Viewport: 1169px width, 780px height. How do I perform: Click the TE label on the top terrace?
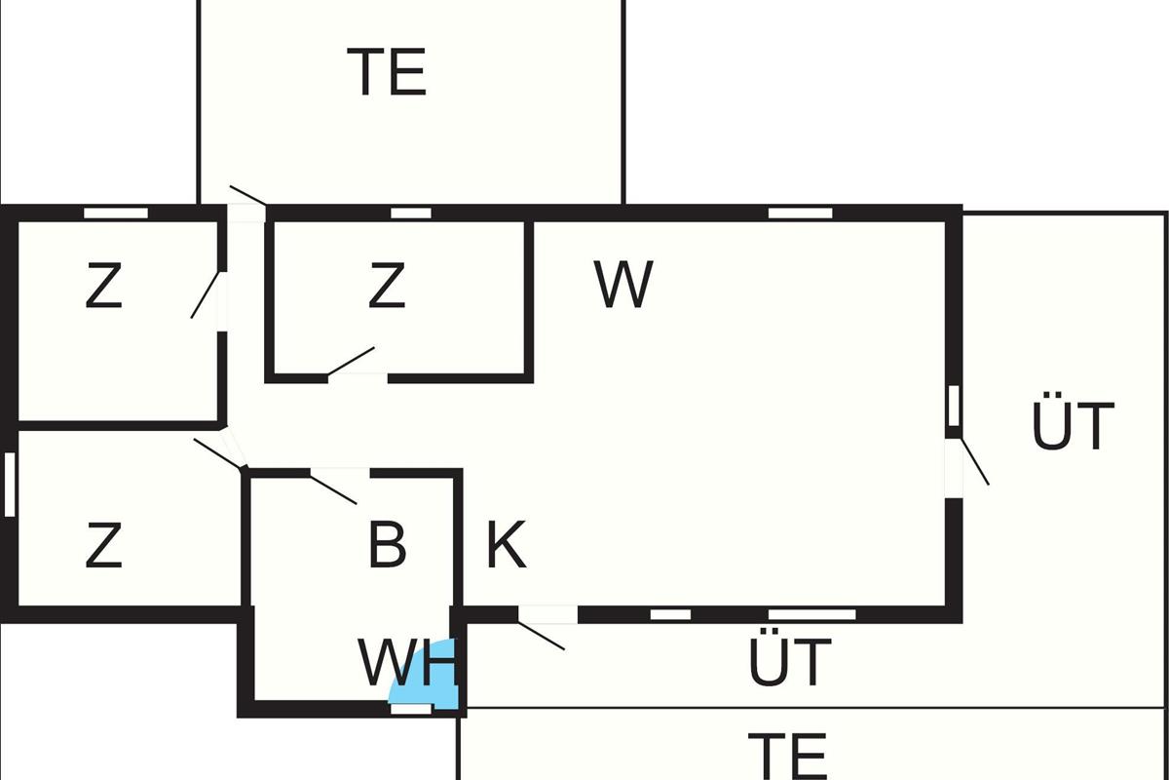click(387, 72)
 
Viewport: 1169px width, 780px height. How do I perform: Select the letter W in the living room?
click(623, 285)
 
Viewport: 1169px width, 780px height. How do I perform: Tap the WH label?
click(407, 663)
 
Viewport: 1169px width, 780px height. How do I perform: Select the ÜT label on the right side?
click(1073, 426)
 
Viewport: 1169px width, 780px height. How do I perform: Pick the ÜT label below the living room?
click(790, 662)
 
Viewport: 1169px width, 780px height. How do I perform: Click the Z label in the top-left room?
click(103, 287)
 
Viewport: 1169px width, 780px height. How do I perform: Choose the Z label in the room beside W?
click(387, 287)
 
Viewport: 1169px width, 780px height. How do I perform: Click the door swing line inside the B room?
click(334, 488)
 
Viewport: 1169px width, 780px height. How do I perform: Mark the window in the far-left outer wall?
click(10, 485)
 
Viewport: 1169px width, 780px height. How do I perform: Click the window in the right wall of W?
click(954, 406)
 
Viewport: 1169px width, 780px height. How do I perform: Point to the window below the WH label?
click(410, 709)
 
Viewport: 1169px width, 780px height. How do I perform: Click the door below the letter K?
click(542, 635)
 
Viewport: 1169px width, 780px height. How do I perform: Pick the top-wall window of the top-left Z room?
click(116, 213)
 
